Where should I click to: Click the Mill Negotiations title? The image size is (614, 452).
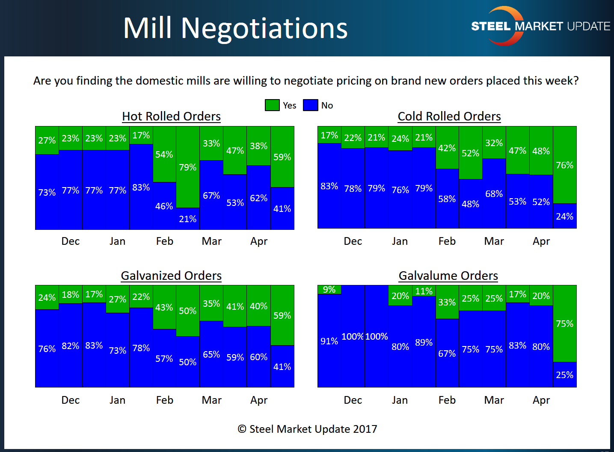(x=235, y=29)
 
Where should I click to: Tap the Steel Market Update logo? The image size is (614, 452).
(x=540, y=26)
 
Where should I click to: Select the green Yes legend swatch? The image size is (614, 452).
(x=272, y=105)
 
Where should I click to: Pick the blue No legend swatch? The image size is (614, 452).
(x=311, y=105)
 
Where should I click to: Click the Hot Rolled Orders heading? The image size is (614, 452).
(x=171, y=116)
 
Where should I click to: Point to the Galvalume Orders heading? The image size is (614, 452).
(x=448, y=276)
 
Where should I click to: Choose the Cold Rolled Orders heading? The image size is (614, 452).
(x=449, y=116)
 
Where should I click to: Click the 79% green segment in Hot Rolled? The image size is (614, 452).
(x=188, y=167)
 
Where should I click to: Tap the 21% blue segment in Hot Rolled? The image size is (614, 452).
(x=188, y=219)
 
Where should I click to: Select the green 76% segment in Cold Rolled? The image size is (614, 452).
(x=565, y=165)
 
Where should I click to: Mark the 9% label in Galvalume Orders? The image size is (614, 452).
(x=329, y=289)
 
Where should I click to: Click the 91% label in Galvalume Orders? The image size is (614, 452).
(x=329, y=341)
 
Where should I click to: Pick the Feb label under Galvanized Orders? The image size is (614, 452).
(x=165, y=400)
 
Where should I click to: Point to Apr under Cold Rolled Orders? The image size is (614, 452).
(x=541, y=241)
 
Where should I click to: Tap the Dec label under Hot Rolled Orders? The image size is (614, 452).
(x=71, y=241)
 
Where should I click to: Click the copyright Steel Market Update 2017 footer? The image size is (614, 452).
(x=307, y=429)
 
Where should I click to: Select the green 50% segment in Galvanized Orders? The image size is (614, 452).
(x=188, y=311)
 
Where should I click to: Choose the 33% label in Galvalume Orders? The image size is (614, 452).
(x=447, y=302)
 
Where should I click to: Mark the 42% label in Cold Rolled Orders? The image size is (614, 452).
(x=447, y=148)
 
